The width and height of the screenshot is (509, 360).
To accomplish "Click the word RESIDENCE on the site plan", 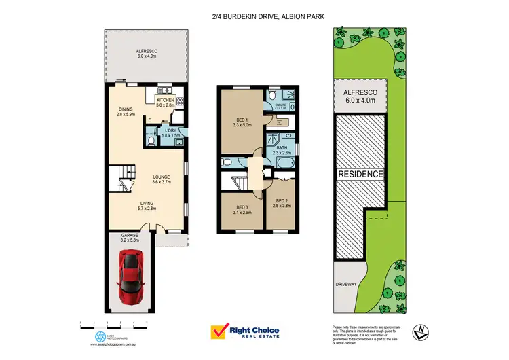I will click(x=360, y=174).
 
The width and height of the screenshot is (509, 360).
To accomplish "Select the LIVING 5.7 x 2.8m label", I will click(x=147, y=206).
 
